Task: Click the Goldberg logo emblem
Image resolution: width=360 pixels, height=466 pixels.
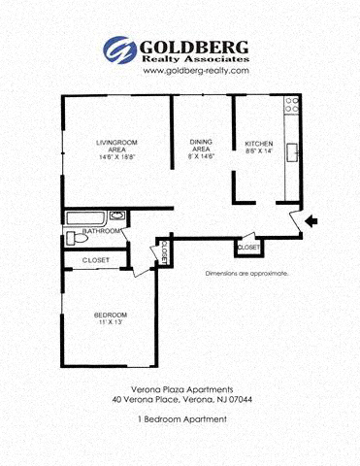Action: pyautogui.click(x=120, y=50)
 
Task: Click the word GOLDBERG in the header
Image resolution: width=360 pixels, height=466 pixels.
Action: pyautogui.click(x=194, y=46)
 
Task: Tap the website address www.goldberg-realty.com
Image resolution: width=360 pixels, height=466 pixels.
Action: pyautogui.click(x=182, y=71)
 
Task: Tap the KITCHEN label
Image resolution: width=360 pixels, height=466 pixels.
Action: pyautogui.click(x=259, y=143)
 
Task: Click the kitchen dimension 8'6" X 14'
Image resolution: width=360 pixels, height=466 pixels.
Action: pyautogui.click(x=259, y=151)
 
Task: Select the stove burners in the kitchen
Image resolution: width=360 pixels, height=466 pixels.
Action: pyautogui.click(x=291, y=106)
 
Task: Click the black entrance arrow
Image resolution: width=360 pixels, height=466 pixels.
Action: pyautogui.click(x=311, y=222)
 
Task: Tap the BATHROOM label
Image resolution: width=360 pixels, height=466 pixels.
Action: pyautogui.click(x=102, y=232)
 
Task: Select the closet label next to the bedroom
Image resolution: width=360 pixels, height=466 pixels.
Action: pyautogui.click(x=95, y=260)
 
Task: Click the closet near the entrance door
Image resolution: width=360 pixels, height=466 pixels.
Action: pyautogui.click(x=248, y=248)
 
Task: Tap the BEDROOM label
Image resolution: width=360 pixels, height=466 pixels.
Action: pyautogui.click(x=110, y=315)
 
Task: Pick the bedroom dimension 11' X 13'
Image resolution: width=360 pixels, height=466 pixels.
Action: pyautogui.click(x=110, y=323)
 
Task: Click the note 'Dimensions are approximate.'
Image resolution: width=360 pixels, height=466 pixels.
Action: pyautogui.click(x=246, y=274)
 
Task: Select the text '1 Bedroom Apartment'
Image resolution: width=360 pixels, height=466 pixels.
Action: pyautogui.click(x=182, y=418)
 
